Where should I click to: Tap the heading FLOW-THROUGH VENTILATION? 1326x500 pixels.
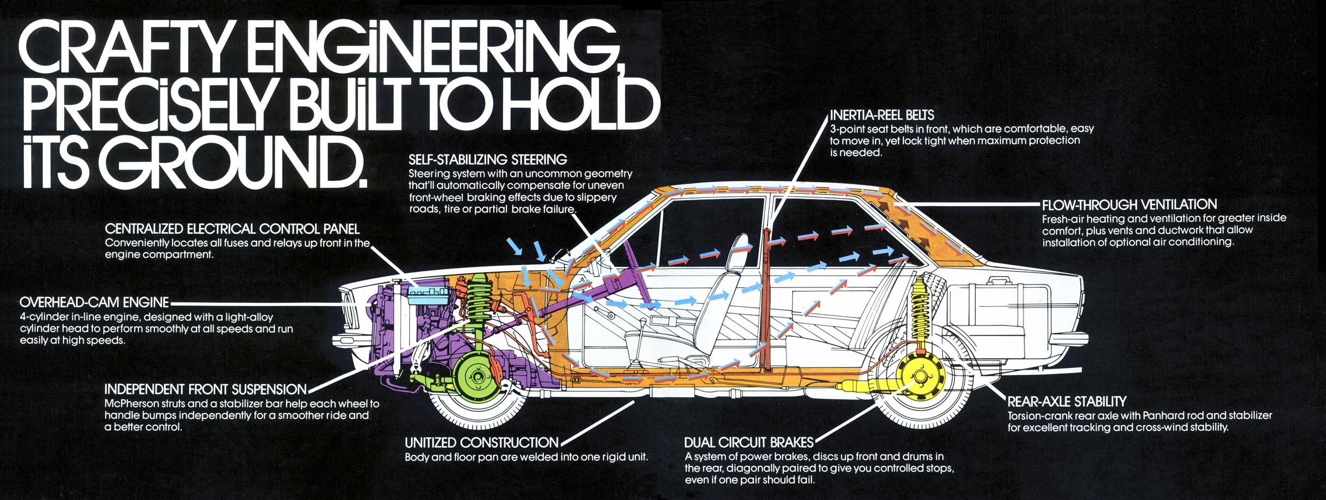point(1129,205)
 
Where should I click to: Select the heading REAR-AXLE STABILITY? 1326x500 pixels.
point(1067,402)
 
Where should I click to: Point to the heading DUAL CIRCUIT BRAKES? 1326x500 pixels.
point(748,442)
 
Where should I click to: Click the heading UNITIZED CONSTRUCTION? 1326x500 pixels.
point(481,442)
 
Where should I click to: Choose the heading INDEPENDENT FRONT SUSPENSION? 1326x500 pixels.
point(205,389)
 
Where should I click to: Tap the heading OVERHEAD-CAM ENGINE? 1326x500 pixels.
point(94,302)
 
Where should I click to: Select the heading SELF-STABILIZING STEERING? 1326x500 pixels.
point(487,159)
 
